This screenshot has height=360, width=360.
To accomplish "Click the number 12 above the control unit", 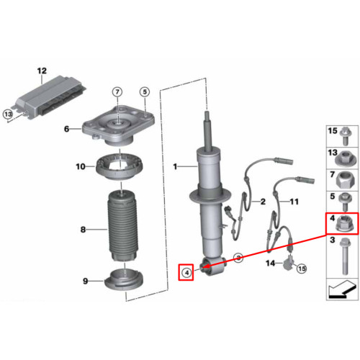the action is point(42,71).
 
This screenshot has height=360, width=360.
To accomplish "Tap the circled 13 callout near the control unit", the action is point(8,114).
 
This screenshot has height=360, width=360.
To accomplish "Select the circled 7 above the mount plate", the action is point(117,91).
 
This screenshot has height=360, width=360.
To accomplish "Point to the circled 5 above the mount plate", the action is point(145,91).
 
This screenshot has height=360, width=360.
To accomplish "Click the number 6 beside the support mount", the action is point(67,129).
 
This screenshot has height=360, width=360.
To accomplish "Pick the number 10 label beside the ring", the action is point(81,166).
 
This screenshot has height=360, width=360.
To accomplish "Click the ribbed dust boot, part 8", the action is point(122,225).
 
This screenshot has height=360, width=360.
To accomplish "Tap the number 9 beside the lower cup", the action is point(86,281).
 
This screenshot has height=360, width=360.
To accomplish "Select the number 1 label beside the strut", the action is point(175,166).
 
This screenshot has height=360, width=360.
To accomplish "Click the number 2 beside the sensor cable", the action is point(263,202).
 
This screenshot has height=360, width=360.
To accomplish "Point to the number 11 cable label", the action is point(294,202).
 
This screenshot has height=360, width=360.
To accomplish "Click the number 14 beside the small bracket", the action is point(271,264).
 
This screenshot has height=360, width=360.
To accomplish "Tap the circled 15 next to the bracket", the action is point(302,269).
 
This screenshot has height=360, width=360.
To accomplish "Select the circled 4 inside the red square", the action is point(186,272).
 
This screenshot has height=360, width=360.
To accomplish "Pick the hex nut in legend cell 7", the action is point(344,181).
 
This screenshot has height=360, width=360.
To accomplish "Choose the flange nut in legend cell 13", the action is point(344,158).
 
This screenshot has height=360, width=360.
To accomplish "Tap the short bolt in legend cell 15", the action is point(345,136).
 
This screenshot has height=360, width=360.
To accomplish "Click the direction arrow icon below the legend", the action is point(342,289).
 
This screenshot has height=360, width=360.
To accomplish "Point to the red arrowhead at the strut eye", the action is point(207,266).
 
